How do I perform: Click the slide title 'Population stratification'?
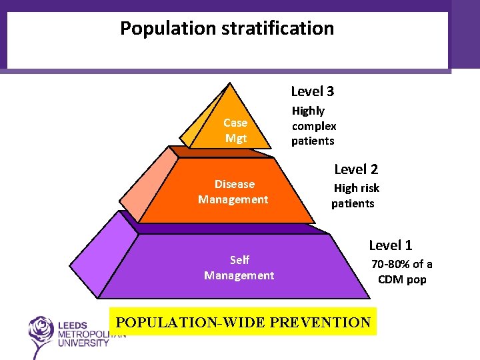pos(227,29)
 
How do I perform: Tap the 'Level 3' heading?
pos(312,91)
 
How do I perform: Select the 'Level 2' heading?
pos(355,169)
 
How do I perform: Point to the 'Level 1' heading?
pos(391,245)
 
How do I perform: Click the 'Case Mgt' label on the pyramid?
pos(235,131)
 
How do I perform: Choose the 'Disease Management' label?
pos(233,192)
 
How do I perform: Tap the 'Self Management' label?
pos(239,268)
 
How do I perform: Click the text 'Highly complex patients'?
pos(313,126)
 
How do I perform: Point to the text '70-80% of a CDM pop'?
pos(401,272)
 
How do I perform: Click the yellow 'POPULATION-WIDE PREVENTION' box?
pos(243,322)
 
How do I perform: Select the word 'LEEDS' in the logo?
pos(73,325)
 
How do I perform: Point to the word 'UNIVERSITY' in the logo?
pos(83,343)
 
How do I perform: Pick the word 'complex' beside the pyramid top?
pos(314,126)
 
